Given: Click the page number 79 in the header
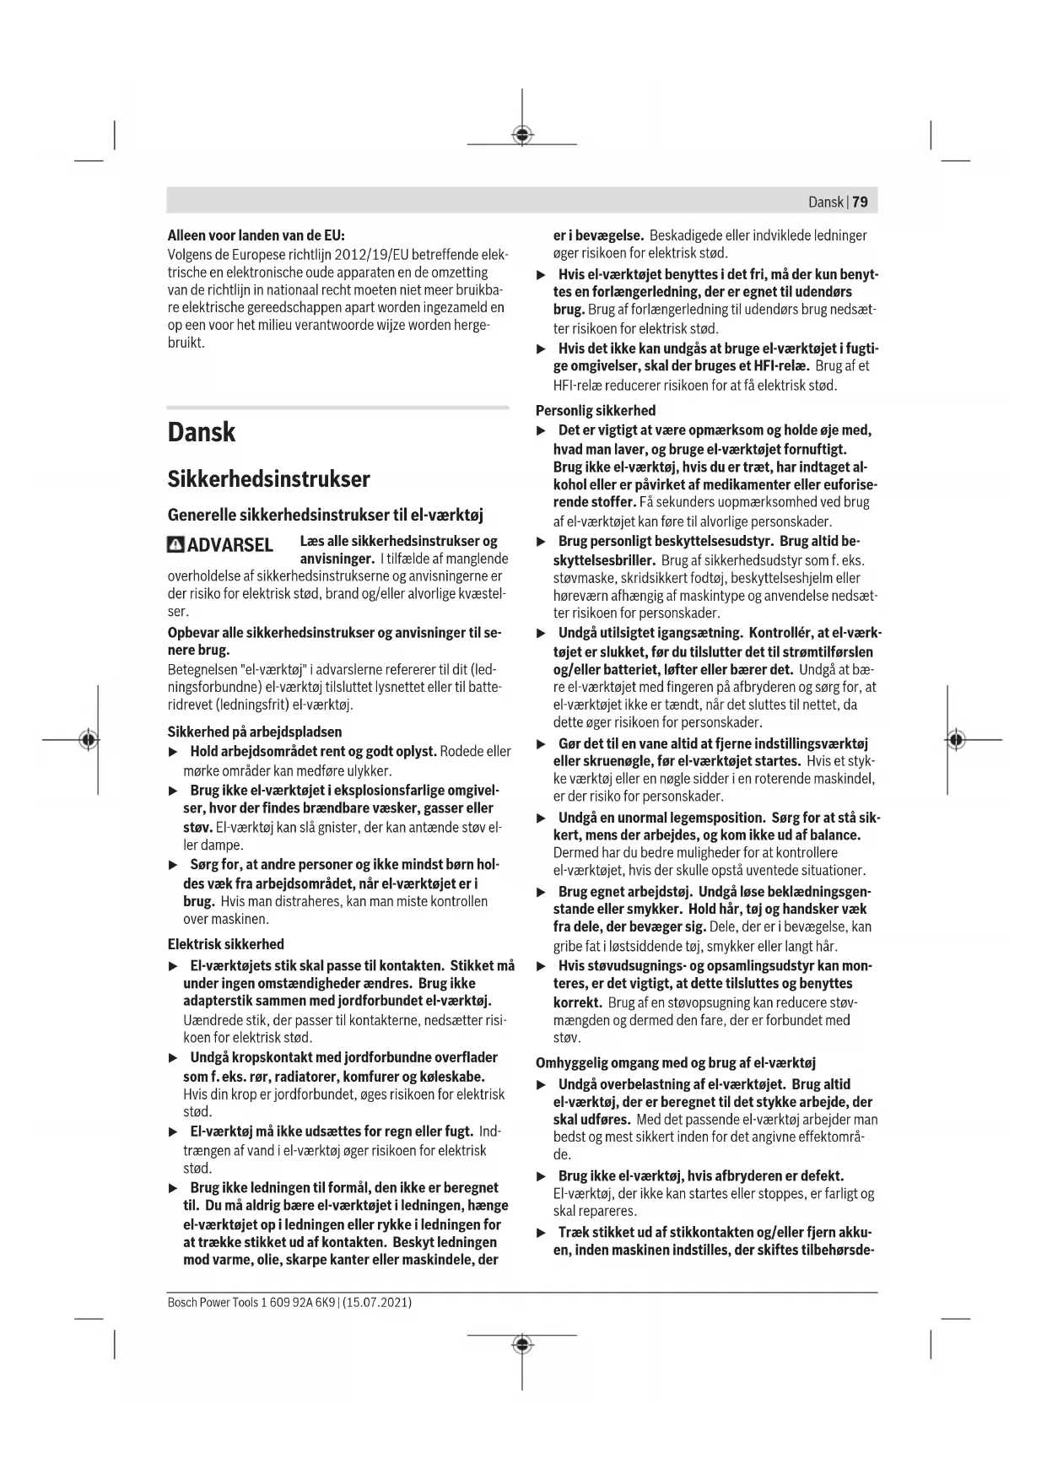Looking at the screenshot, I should [861, 202].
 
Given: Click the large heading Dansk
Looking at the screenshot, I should [202, 432].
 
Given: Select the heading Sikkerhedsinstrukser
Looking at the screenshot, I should [268, 479].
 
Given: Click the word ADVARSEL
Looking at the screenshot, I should [229, 545].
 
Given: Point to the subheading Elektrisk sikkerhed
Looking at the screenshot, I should [225, 944].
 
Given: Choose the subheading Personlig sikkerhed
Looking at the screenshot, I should [596, 411].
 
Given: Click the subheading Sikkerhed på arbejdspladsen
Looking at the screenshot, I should [255, 732].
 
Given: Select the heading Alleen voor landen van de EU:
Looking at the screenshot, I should [256, 235].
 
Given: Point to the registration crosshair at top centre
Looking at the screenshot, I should [522, 135].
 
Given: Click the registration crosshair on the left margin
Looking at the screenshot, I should [87, 740].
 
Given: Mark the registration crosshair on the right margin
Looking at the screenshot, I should [955, 740].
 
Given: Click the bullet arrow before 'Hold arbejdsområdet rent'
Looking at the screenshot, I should [173, 752].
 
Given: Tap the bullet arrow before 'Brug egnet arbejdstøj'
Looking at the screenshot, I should [542, 892].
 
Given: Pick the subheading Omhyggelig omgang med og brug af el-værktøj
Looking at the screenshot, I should [676, 1063].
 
